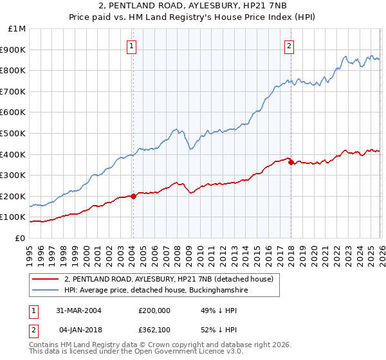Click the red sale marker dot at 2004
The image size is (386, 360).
[133, 196]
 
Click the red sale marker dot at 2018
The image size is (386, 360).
[291, 162]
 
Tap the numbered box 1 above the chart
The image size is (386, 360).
[132, 46]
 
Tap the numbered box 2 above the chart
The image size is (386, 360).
[289, 46]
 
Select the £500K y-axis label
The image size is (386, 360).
[14, 133]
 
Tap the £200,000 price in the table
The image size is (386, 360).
[154, 310]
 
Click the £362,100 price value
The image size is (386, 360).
[154, 330]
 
